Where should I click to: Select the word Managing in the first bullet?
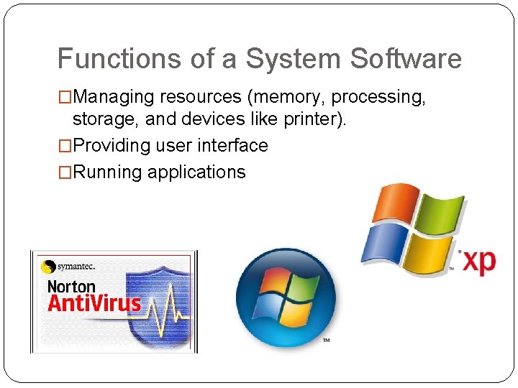pyautogui.click(x=115, y=97)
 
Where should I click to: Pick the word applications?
pyautogui.click(x=196, y=172)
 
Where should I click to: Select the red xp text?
pyautogui.click(x=478, y=261)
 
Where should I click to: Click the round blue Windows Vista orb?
pyautogui.click(x=286, y=297)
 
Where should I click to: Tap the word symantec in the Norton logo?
pyautogui.click(x=78, y=266)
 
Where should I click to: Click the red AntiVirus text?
pyautogui.click(x=94, y=302)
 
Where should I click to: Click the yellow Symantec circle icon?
pyautogui.click(x=49, y=267)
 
